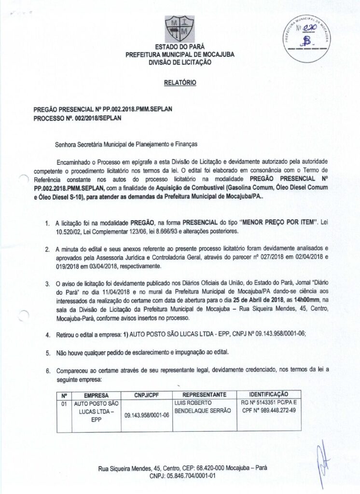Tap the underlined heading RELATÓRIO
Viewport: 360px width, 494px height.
pos(180,83)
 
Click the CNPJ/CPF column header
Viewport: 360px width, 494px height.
pos(144,395)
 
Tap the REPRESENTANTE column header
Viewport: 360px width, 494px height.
pos(202,394)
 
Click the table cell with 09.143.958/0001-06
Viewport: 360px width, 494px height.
pos(144,414)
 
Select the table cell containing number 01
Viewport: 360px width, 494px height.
pos(63,402)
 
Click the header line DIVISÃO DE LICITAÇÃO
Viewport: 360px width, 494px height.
pos(180,62)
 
